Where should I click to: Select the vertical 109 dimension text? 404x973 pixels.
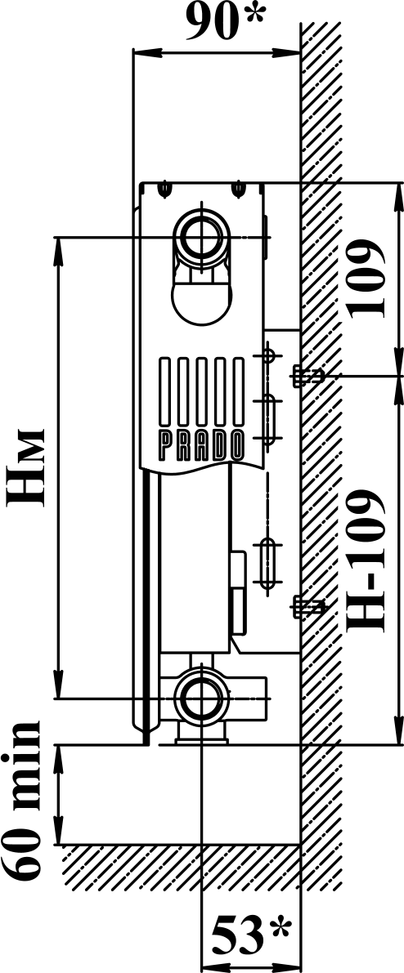(x=366, y=279)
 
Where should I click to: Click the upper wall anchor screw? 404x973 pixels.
(x=307, y=375)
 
